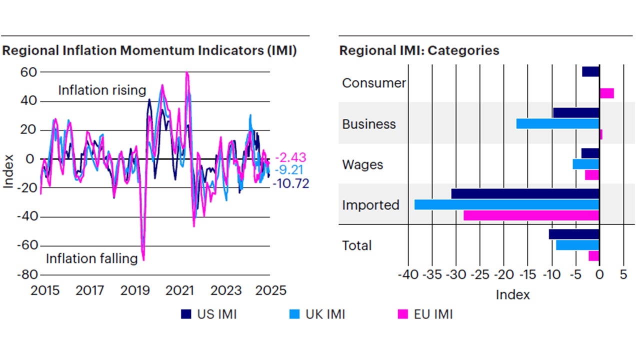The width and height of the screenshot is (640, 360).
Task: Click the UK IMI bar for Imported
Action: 507,204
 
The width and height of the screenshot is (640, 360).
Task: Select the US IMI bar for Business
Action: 576,112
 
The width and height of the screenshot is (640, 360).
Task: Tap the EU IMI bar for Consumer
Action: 606,93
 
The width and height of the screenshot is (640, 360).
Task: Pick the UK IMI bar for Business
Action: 557,123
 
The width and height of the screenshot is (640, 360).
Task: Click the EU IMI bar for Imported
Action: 531,215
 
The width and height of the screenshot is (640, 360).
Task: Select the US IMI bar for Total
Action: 574,234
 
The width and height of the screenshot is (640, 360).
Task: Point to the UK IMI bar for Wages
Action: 586,164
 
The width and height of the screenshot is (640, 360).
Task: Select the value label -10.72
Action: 291,183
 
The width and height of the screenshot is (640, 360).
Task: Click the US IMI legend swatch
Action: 186,314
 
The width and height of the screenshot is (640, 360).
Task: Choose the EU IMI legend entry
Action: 425,314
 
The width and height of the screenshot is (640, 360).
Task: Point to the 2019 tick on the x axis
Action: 134,290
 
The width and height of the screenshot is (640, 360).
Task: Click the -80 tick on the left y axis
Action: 28,274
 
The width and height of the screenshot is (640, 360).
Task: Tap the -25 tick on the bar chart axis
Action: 479,275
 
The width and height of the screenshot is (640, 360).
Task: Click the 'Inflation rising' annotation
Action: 102,90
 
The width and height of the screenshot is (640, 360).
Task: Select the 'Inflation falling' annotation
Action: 91,258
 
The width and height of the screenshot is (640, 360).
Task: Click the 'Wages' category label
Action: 362,164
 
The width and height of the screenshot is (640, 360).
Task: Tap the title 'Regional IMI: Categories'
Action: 419,50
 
